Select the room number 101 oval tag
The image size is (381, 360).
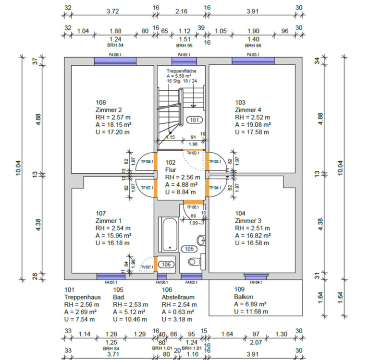tap(194, 120)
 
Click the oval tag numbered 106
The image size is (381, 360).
tap(166, 264)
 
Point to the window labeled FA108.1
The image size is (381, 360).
tap(115, 60)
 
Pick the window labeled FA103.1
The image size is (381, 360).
tap(253, 60)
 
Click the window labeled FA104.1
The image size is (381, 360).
tap(256, 276)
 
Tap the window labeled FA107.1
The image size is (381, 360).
tap(111, 276)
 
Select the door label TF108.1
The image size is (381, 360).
tap(147, 162)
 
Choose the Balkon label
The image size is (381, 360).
tap(243, 297)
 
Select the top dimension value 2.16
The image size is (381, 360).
tap(182, 11)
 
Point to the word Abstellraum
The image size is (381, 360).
tap(178, 297)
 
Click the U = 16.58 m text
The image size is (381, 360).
tap(252, 243)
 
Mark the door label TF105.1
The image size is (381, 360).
tap(193, 207)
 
